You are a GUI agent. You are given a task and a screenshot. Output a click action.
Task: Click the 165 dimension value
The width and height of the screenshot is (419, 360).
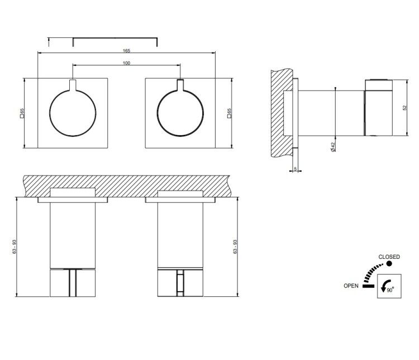click(126, 50)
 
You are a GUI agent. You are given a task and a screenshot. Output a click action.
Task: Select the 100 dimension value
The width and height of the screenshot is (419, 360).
click(126, 63)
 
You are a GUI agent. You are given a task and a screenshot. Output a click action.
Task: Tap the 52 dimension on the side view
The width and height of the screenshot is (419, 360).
click(404, 107)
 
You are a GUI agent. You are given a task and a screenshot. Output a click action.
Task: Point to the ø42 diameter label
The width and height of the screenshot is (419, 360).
click(333, 147)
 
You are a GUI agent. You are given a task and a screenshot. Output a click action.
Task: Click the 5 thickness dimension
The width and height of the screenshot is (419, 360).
click(296, 169)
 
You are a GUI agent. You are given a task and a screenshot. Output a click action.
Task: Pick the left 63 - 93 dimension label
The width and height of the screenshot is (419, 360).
click(15, 247)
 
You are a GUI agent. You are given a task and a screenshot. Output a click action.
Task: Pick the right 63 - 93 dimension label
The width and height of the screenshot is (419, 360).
click(235, 247)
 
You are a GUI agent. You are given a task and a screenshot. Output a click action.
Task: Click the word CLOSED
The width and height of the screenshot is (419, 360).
click(389, 257)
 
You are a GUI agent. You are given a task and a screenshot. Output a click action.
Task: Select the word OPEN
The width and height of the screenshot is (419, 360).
click(351, 286)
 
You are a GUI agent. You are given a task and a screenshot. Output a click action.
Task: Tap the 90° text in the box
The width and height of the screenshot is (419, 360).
click(391, 290)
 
